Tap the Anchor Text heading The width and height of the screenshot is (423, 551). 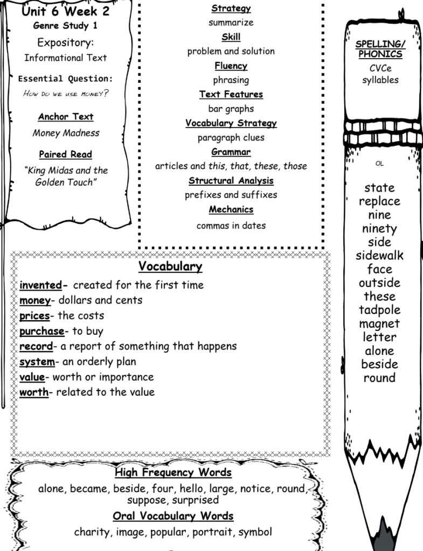pos(66,117)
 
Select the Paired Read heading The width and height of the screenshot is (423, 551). pos(66,154)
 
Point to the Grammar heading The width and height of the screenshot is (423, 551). pos(231,152)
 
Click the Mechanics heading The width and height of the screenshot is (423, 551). pos(231,209)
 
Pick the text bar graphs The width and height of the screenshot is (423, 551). pos(231,109)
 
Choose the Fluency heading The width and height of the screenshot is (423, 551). pos(231,66)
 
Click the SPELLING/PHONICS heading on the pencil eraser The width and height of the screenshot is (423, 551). pos(380,49)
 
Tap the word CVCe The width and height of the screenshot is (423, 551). pos(380,68)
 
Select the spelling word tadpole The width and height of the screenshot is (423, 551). pos(380,310)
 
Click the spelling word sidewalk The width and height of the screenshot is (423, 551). pos(379,256)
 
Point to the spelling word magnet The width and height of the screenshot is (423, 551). pos(380,324)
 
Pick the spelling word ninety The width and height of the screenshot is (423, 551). pos(379,229)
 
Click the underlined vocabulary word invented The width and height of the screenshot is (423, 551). pos(40,285)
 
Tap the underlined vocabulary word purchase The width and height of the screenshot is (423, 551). pos(41,331)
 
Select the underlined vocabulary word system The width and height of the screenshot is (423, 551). pos(37,362)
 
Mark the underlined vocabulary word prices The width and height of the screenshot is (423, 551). pos(34,316)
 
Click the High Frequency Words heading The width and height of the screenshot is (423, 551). pos(173,472)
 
